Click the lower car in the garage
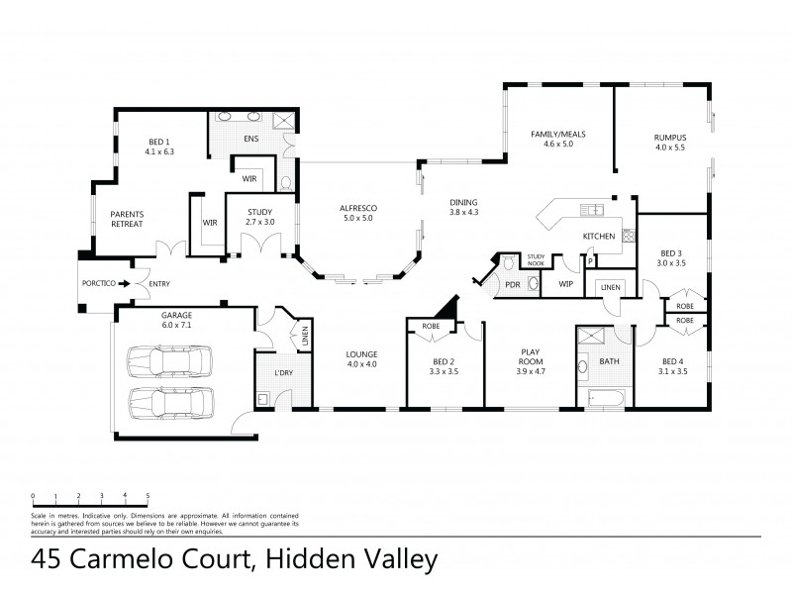coord(170,402)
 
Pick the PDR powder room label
coord(513,284)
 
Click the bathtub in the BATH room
coord(606,400)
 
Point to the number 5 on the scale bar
coord(148,494)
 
